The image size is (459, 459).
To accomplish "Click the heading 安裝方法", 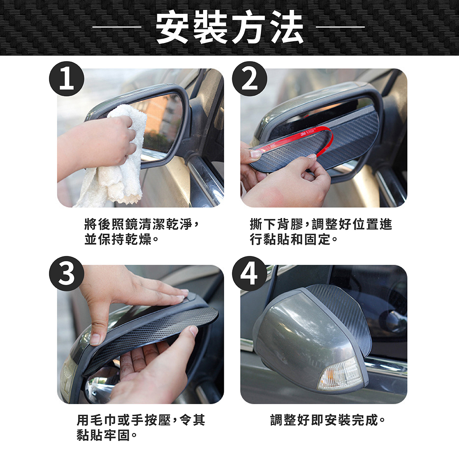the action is pyautogui.click(x=229, y=28).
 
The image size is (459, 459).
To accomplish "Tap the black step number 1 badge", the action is pyautogui.click(x=67, y=79).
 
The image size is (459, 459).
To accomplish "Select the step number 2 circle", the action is pyautogui.click(x=250, y=79).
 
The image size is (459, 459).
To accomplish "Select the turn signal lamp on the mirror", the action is pyautogui.click(x=341, y=377).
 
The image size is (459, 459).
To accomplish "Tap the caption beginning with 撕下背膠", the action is pyautogui.click(x=321, y=231).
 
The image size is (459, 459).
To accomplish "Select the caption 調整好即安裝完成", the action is pyautogui.click(x=327, y=420).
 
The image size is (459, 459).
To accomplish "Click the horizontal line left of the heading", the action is pyautogui.click(x=117, y=27).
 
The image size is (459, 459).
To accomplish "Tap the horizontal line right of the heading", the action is pyautogui.click(x=341, y=27).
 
